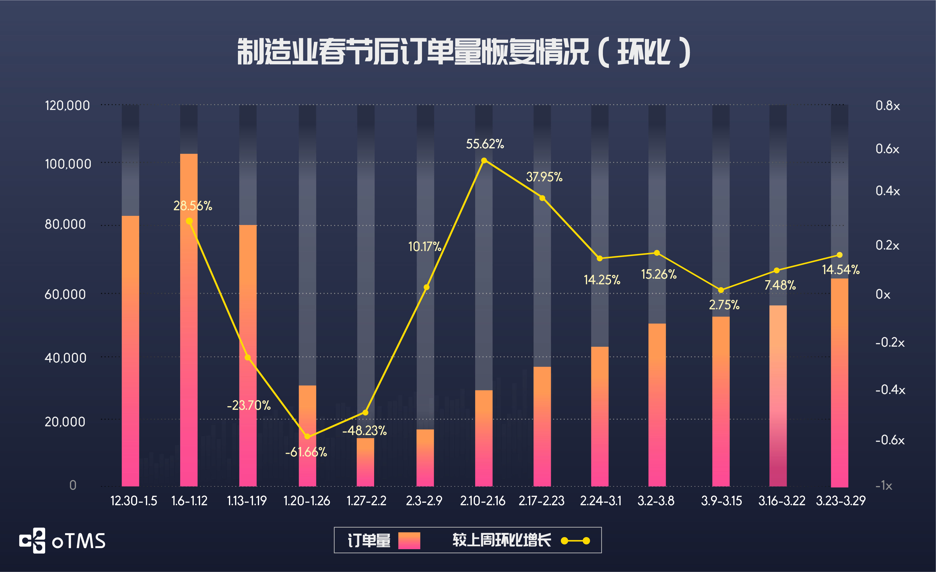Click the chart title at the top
[464, 52]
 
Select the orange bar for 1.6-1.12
[189, 319]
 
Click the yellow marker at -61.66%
[307, 437]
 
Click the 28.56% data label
[193, 206]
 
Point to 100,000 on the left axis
[68, 164]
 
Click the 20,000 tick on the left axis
[65, 421]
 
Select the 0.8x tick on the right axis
[887, 106]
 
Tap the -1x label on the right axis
[884, 486]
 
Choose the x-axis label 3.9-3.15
[721, 501]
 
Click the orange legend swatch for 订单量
[409, 540]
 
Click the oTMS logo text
[79, 541]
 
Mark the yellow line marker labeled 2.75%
[721, 290]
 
